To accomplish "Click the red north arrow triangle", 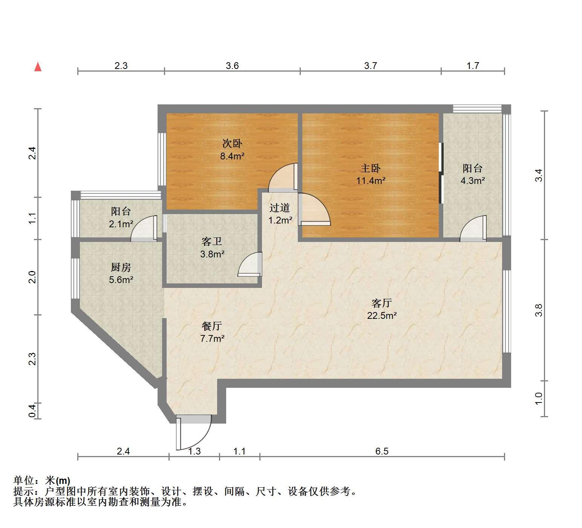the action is pyautogui.click(x=38, y=67).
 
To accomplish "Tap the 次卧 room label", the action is pyautogui.click(x=232, y=144).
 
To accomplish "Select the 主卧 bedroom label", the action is pyautogui.click(x=371, y=168).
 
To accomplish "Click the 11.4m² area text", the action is pyautogui.click(x=371, y=181).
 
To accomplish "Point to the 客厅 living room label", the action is pyautogui.click(x=382, y=303).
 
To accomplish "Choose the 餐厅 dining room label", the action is pyautogui.click(x=212, y=326).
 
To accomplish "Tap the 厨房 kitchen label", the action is pyautogui.click(x=121, y=267).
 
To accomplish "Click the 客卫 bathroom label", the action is pyautogui.click(x=212, y=242).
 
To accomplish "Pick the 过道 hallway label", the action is pyautogui.click(x=280, y=208).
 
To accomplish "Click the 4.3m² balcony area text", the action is pyautogui.click(x=473, y=181).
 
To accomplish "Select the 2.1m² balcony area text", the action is pyautogui.click(x=121, y=224).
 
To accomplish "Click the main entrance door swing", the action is pyautogui.click(x=194, y=432).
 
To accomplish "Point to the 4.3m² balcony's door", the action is pyautogui.click(x=473, y=228).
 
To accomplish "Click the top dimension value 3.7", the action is pyautogui.click(x=371, y=66).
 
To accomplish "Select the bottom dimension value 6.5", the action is pyautogui.click(x=382, y=451).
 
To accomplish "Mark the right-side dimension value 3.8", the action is pyautogui.click(x=539, y=310).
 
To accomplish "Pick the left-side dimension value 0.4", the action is pyautogui.click(x=32, y=410).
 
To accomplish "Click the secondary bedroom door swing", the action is pyautogui.click(x=283, y=176).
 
